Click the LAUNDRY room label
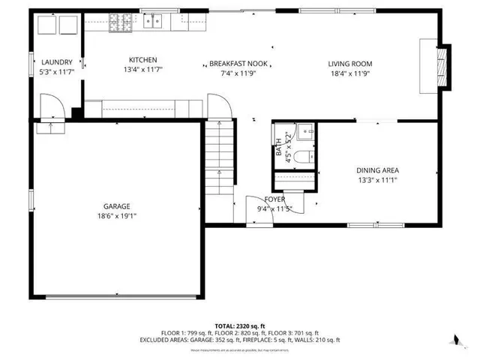tap(56, 62)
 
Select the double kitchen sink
tap(155, 22)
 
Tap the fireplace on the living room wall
tap(442, 69)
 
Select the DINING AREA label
tap(376, 170)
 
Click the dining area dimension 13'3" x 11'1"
tap(376, 180)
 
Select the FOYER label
tap(274, 199)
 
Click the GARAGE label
tap(117, 206)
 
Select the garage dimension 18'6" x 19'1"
tap(117, 216)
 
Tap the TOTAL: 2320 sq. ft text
tap(239, 325)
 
